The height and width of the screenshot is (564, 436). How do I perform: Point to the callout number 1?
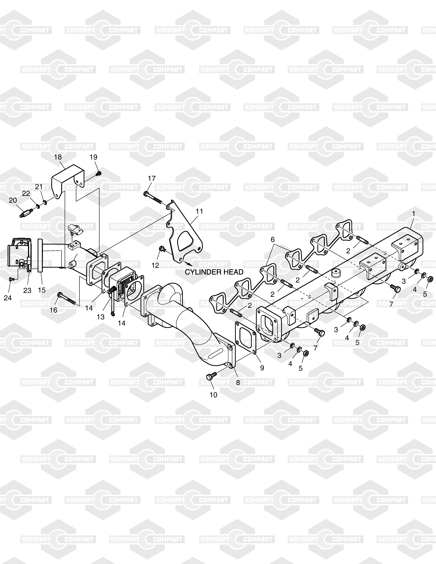(x=414, y=214)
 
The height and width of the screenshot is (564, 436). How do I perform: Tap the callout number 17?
(x=152, y=178)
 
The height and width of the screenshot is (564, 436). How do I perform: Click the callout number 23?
(x=27, y=291)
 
